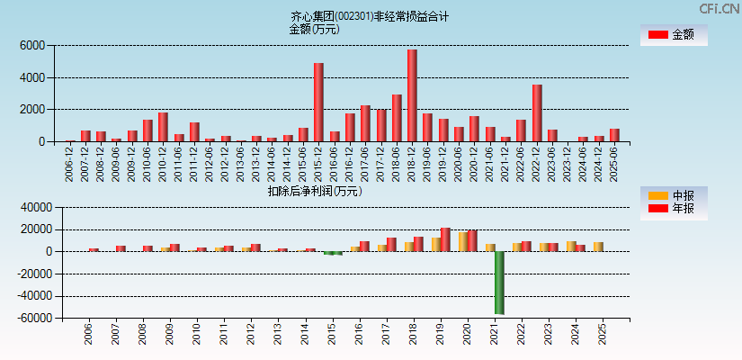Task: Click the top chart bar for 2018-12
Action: click(x=412, y=95)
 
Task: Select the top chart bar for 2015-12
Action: click(x=318, y=102)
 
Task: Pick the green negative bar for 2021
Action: click(x=499, y=283)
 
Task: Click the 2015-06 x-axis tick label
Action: click(x=303, y=163)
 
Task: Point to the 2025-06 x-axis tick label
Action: click(x=614, y=163)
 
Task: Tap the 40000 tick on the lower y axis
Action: click(x=27, y=207)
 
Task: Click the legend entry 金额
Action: click(x=673, y=35)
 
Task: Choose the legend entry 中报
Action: click(x=673, y=195)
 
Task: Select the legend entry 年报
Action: click(x=673, y=209)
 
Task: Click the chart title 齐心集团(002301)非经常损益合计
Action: click(x=370, y=16)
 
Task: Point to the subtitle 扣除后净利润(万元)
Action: click(x=314, y=191)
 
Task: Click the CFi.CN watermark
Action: click(x=720, y=8)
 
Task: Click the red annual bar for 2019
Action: click(x=445, y=239)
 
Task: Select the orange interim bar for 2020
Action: click(x=463, y=241)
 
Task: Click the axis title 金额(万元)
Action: click(x=314, y=29)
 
